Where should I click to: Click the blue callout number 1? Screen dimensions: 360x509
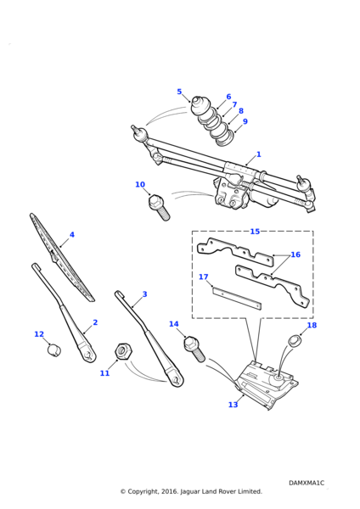pyautogui.click(x=259, y=154)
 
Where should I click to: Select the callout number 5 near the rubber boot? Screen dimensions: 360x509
pyautogui.click(x=179, y=92)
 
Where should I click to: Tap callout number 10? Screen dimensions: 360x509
pyautogui.click(x=140, y=184)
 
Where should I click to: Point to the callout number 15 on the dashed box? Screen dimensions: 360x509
pyautogui.click(x=255, y=231)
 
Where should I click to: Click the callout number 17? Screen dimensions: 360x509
pyautogui.click(x=204, y=277)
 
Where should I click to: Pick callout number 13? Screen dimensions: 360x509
pyautogui.click(x=233, y=405)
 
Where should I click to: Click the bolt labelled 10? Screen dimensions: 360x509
pyautogui.click(x=159, y=207)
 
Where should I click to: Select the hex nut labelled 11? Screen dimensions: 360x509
pyautogui.click(x=123, y=351)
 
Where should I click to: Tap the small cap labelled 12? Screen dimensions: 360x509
pyautogui.click(x=54, y=350)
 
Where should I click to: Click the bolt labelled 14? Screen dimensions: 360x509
pyautogui.click(x=194, y=349)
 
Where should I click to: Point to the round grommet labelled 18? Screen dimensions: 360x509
pyautogui.click(x=295, y=341)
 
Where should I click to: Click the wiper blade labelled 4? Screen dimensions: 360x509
pyautogui.click(x=62, y=257)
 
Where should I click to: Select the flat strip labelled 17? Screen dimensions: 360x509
pyautogui.click(x=237, y=298)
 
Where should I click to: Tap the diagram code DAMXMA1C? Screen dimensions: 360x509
pyautogui.click(x=307, y=483)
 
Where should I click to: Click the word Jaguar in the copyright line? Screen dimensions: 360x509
pyautogui.click(x=190, y=491)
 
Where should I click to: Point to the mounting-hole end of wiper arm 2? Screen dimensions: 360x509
pyautogui.click(x=87, y=355)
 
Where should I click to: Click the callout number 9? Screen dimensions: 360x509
pyautogui.click(x=245, y=121)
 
